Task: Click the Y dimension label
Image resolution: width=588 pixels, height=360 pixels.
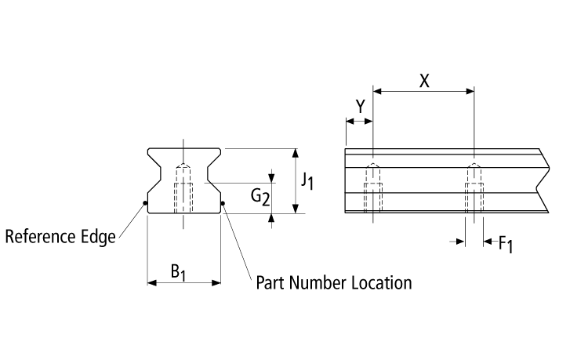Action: click(x=360, y=106)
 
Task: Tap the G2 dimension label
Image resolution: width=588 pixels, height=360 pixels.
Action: click(x=260, y=197)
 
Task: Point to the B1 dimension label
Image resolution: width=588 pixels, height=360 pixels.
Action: click(x=179, y=272)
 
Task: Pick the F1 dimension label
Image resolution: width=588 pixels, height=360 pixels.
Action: click(x=506, y=244)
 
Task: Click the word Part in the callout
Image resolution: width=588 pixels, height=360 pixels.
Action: click(x=270, y=282)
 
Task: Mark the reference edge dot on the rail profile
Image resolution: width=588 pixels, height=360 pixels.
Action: click(x=146, y=205)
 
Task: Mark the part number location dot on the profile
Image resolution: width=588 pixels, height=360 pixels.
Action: click(x=223, y=205)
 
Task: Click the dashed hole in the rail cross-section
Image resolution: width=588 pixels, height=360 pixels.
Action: click(x=183, y=189)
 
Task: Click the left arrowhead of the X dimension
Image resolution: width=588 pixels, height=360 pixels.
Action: click(x=377, y=92)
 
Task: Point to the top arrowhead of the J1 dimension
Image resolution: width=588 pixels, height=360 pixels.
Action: click(x=295, y=152)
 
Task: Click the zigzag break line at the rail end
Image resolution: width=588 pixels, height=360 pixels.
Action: click(x=543, y=180)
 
